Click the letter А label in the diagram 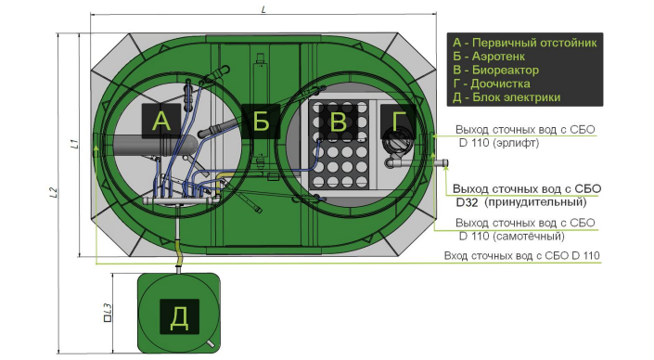tap(161, 121)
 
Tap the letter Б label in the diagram tap(261, 121)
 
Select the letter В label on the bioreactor tap(338, 122)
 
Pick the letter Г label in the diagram tap(399, 121)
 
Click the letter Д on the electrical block tap(179, 318)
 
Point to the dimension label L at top tap(263, 8)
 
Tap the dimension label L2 tap(53, 192)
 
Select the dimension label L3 tap(108, 313)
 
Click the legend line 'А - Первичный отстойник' tap(525, 43)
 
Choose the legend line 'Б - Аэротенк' tap(489, 57)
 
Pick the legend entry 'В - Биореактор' tap(495, 70)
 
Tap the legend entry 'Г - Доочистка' tap(492, 84)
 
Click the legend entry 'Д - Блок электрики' tap(507, 97)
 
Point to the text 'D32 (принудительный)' tap(521, 202)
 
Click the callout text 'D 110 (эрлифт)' tap(499, 143)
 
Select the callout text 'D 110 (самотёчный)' tap(512, 236)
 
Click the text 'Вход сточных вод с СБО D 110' tap(521, 255)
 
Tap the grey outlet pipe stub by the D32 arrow tap(442, 162)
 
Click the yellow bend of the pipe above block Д tap(179, 255)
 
